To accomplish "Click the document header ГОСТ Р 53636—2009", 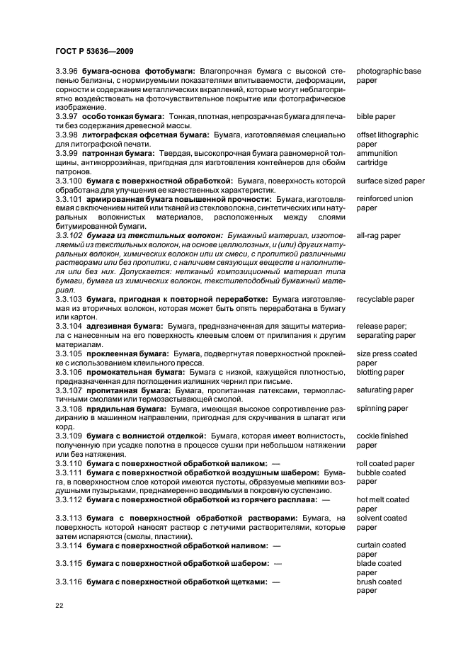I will point(93,52).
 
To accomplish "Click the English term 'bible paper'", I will point(376,116).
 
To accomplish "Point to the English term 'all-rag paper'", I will point(378,235).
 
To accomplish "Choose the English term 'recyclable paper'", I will point(385,300).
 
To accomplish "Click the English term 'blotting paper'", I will point(380,372).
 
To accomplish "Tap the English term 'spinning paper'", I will point(382,408).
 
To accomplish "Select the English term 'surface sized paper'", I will point(390,181).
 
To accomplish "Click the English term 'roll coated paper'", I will point(385,463).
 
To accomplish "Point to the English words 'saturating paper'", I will point(384,390).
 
